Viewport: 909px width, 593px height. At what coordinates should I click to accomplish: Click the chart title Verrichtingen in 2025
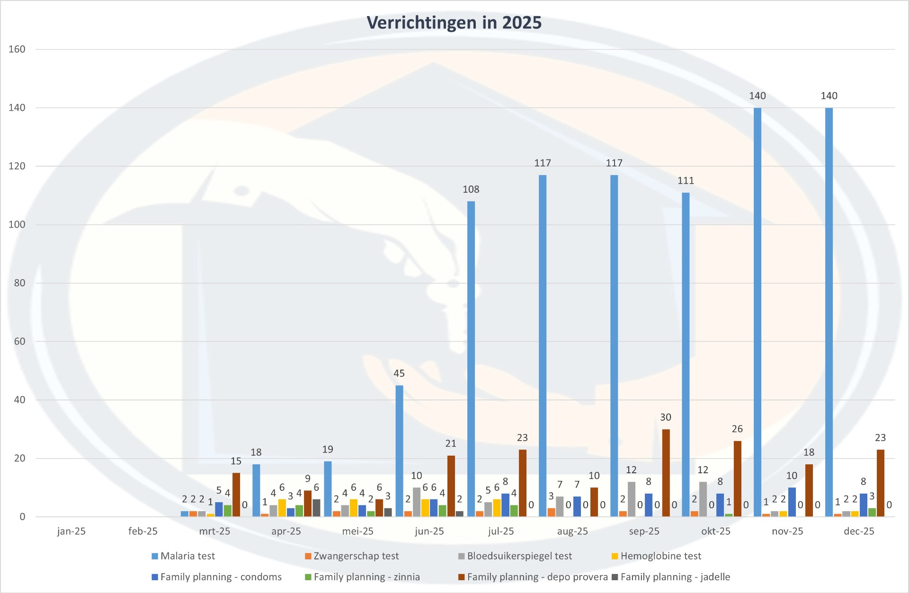[x=454, y=23]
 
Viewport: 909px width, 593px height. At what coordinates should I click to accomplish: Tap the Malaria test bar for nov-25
[x=757, y=312]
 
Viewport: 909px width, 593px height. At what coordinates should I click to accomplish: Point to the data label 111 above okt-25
[x=686, y=181]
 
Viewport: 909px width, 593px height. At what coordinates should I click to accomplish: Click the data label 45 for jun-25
[x=399, y=373]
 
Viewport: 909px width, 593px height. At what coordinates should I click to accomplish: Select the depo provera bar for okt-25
[x=737, y=478]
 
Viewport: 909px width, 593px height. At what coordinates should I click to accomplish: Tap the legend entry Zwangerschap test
[x=356, y=556]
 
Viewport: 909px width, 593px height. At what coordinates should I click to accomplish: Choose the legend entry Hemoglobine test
[x=660, y=556]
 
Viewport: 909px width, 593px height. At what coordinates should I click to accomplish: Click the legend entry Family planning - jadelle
[x=675, y=577]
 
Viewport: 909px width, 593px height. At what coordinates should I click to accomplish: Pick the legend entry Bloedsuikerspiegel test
[x=519, y=556]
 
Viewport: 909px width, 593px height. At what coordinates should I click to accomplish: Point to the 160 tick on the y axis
[x=17, y=49]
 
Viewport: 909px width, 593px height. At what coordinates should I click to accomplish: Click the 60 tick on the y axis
[x=19, y=341]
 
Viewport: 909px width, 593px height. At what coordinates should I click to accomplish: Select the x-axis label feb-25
[x=143, y=531]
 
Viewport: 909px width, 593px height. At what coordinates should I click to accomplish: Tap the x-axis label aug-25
[x=572, y=531]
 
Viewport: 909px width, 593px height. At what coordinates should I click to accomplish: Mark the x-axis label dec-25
[x=859, y=531]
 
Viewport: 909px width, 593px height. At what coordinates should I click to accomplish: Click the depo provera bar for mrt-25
[x=236, y=495]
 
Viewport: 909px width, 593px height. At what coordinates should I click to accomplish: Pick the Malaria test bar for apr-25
[x=256, y=490]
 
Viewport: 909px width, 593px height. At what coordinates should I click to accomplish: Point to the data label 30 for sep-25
[x=666, y=417]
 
